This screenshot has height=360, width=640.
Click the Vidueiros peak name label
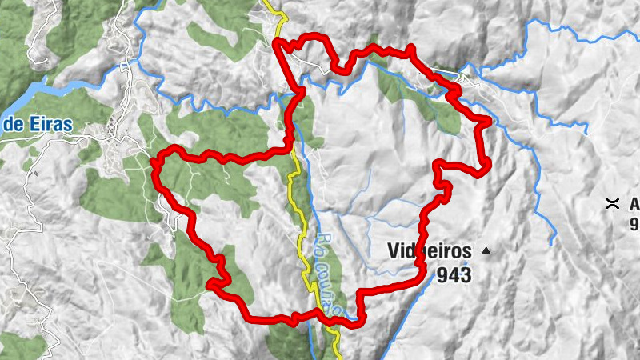[x=430, y=250]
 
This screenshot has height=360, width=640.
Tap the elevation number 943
[x=454, y=275]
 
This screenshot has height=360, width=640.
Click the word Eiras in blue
[x=48, y=124]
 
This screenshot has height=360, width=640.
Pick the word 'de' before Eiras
[x=10, y=125]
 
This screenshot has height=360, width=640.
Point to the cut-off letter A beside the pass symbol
[x=634, y=203]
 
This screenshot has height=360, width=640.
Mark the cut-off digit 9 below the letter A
[x=635, y=223]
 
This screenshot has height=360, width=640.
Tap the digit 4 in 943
[x=454, y=275]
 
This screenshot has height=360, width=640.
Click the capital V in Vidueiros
[x=394, y=250]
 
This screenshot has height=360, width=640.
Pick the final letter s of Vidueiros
[x=467, y=250]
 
